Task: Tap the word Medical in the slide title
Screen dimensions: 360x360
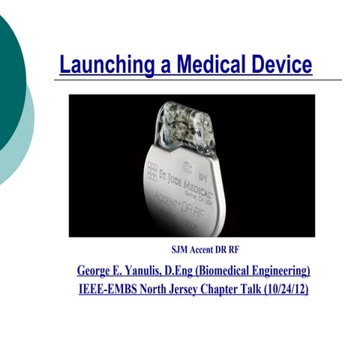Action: click(202, 64)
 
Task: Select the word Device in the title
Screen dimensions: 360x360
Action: click(279, 64)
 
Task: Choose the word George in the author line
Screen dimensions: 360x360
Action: click(97, 270)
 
